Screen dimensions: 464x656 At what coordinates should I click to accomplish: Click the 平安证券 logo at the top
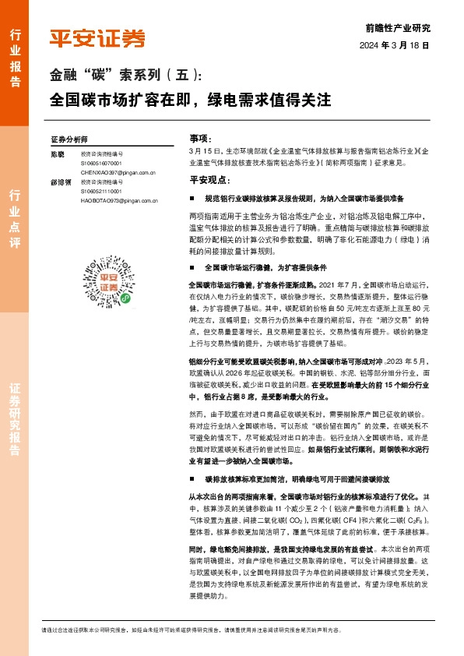(x=97, y=37)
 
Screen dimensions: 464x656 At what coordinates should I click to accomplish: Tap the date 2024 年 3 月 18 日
(x=395, y=46)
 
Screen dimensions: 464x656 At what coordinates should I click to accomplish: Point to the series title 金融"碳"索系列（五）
(x=125, y=76)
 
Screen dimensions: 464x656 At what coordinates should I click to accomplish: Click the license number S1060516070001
(x=101, y=164)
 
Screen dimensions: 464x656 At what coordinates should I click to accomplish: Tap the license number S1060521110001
(x=101, y=191)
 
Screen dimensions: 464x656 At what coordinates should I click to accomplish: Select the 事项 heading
(x=200, y=136)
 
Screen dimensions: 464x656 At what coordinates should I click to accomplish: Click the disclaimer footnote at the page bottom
(x=234, y=630)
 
